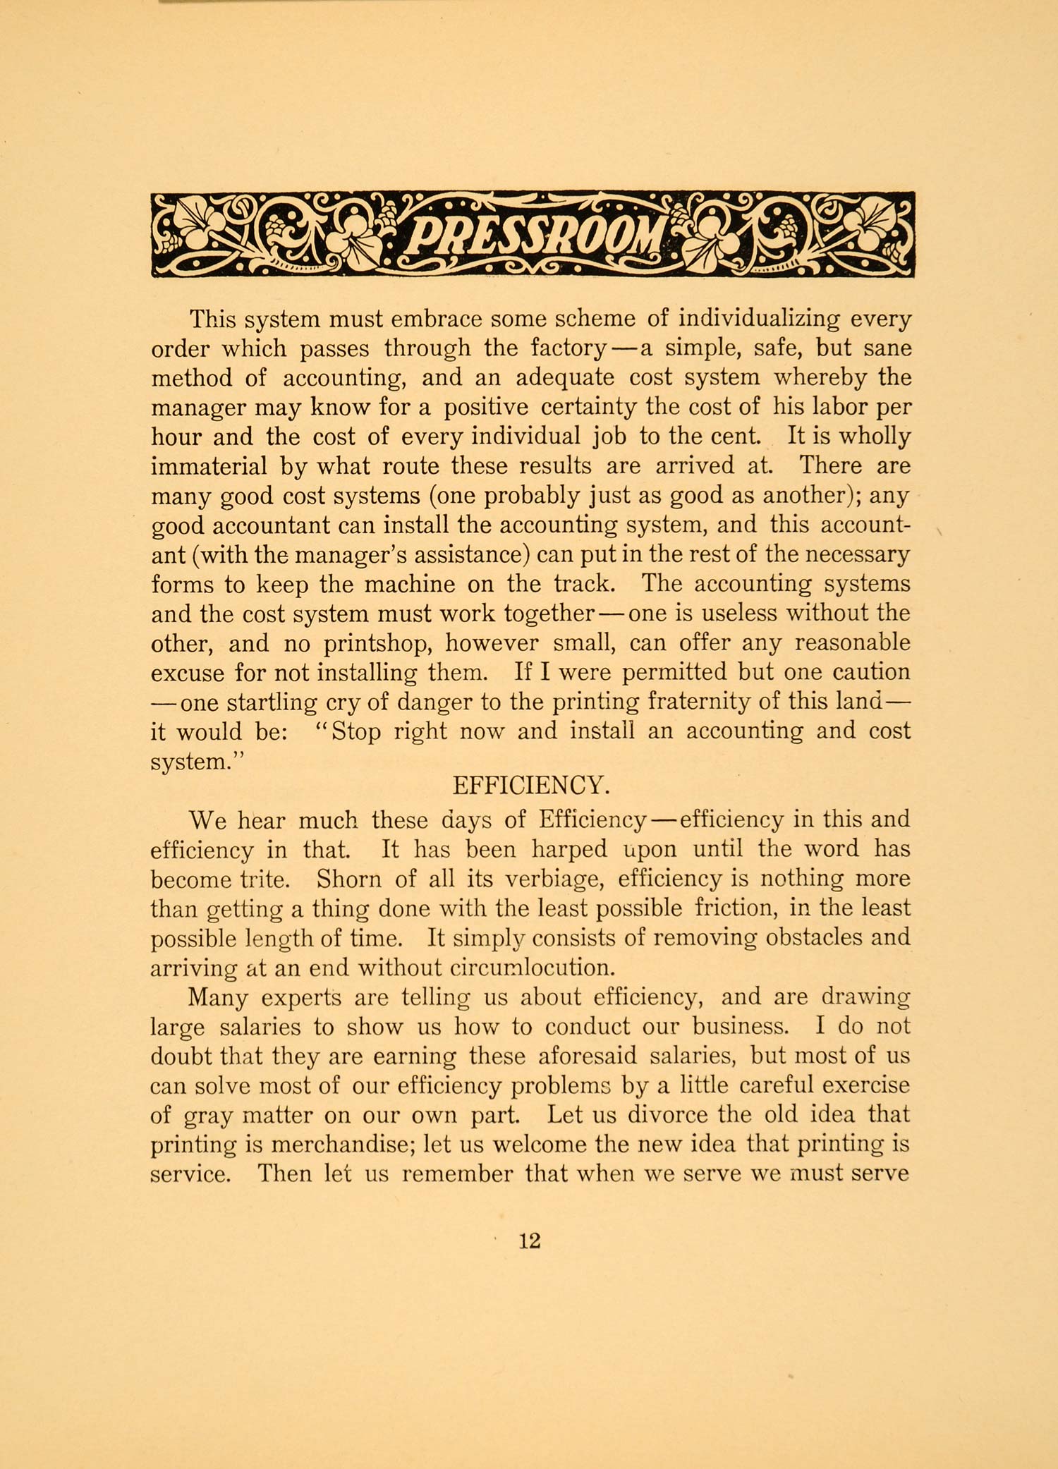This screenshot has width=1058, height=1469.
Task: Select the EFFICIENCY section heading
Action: tap(529, 785)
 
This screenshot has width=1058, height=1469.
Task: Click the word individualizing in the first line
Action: tap(758, 319)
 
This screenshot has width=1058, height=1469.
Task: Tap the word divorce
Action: tap(667, 1115)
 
